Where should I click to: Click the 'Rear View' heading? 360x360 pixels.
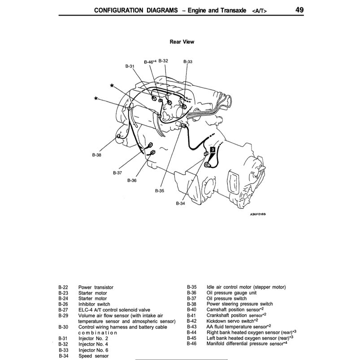coord(182,42)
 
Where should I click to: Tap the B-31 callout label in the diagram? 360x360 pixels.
coord(130,66)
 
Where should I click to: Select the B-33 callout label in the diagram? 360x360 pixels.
coord(188,61)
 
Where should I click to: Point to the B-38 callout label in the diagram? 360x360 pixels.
coord(97,155)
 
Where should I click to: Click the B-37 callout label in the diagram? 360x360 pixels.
coord(117,172)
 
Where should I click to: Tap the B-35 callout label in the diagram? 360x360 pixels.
coord(160,191)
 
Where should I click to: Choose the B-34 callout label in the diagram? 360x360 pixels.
coord(180,203)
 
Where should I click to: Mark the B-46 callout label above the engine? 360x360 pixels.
coord(150,61)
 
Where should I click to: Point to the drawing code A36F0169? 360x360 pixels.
coord(258,214)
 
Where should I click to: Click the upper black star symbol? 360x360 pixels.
coord(112,85)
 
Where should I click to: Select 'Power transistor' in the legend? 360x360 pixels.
coord(95,287)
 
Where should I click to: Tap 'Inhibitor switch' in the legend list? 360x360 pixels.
coord(94,304)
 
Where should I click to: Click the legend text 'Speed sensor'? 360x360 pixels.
coord(93,356)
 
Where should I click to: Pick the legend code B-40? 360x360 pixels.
coord(192,310)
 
